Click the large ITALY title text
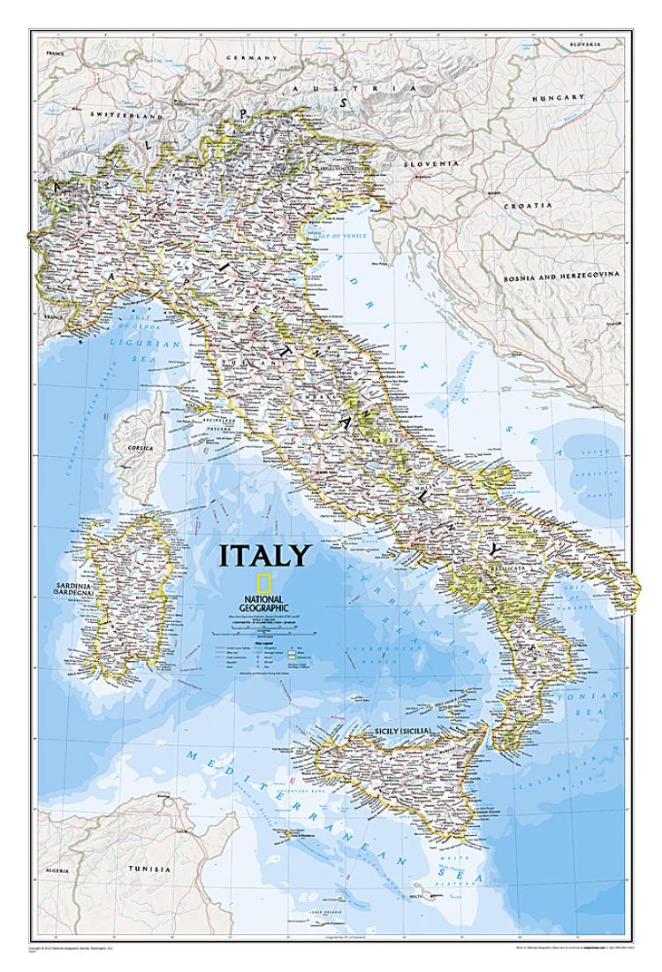pyautogui.click(x=265, y=555)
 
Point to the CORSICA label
pyautogui.click(x=140, y=448)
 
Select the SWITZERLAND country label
pyautogui.click(x=133, y=117)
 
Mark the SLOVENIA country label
pyautogui.click(x=431, y=164)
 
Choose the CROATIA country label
pyautogui.click(x=529, y=205)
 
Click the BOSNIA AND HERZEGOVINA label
pyautogui.click(x=561, y=275)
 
